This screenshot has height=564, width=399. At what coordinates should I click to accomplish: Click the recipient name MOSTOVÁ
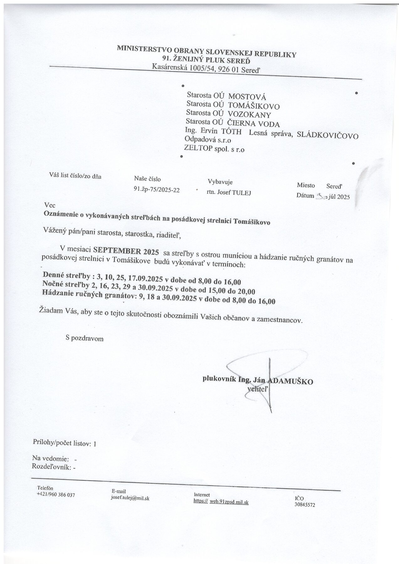(x=247, y=97)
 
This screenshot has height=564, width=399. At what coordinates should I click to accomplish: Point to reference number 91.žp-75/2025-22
(x=156, y=190)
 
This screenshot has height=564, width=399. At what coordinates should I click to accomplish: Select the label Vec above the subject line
(x=50, y=205)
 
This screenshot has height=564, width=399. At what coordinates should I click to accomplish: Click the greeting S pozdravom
(x=85, y=338)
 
